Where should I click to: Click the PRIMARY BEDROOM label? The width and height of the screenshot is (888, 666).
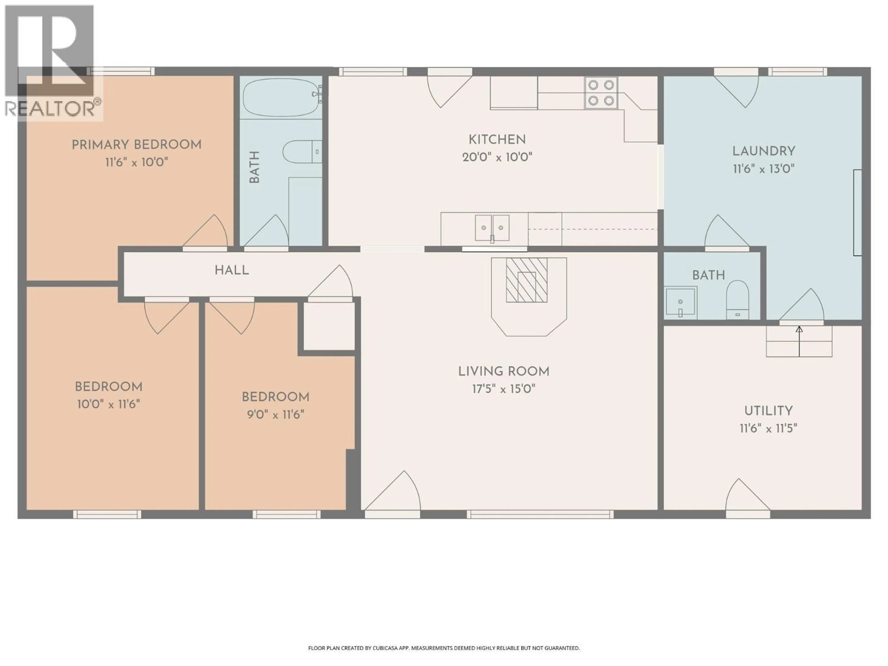pos(136,145)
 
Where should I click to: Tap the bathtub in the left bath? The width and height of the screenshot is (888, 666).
pos(281,97)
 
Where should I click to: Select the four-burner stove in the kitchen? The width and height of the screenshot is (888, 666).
pos(601,93)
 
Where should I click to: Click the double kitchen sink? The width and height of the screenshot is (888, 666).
pos(492,228)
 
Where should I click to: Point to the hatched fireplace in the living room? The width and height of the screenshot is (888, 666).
pos(526,280)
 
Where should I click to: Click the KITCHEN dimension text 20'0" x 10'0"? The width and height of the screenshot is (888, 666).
pos(497,157)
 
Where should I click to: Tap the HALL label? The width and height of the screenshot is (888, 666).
pos(232,270)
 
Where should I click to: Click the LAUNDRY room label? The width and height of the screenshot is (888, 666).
pos(764,151)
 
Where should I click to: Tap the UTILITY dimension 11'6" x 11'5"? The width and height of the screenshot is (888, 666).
pos(768,428)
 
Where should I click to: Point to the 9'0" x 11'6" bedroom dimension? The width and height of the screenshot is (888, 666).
pos(275,414)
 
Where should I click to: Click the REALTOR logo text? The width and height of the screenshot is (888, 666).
pos(52,109)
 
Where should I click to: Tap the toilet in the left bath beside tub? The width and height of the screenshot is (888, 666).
pos(301,152)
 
